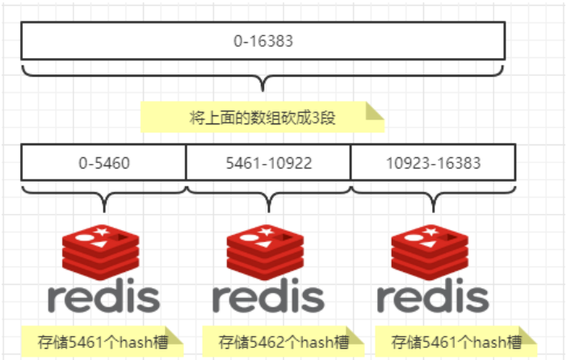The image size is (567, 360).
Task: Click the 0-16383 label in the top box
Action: [x=262, y=41]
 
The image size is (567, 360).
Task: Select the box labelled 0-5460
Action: [x=103, y=162]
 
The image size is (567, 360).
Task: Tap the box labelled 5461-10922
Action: [x=268, y=162]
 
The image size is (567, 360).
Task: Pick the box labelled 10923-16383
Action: [x=433, y=162]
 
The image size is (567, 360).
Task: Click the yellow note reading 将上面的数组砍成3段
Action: [x=262, y=117]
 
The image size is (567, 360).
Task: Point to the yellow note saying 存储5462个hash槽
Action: [x=283, y=341]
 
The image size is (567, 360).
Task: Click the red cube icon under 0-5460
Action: [x=100, y=252]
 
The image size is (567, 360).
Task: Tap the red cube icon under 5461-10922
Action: [x=266, y=252]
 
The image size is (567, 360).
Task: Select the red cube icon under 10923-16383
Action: [x=430, y=252]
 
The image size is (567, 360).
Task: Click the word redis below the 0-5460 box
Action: [x=103, y=295]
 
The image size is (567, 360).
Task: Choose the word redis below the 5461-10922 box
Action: [x=268, y=295]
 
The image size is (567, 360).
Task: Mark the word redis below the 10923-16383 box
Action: [x=433, y=295]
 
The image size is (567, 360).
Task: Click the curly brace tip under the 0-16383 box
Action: [x=262, y=90]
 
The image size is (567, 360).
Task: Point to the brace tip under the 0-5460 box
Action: [x=104, y=211]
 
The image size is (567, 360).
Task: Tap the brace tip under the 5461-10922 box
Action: [x=269, y=211]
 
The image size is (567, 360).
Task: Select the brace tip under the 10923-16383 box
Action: [x=434, y=211]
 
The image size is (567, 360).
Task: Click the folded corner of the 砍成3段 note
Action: [x=374, y=111]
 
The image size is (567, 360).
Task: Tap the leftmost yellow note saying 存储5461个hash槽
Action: [x=103, y=341]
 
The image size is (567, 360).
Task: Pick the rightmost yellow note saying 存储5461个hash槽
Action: [x=456, y=341]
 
